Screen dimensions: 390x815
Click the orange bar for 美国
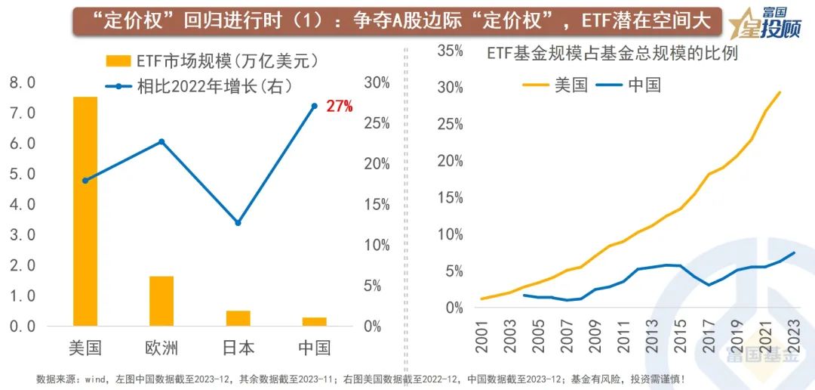point(85,212)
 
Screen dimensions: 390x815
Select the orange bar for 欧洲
point(161,301)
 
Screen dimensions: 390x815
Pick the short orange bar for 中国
point(314,321)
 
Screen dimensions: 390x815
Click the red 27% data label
point(339,107)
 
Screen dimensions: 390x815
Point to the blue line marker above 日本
point(238,223)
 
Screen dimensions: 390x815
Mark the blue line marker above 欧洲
point(161,141)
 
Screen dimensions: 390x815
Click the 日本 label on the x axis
point(238,348)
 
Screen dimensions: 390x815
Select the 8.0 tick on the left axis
point(23,82)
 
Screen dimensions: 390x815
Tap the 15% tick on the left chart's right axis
point(377,205)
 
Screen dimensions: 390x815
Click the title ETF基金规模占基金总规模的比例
point(612,54)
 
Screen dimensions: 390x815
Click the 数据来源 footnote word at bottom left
point(53,379)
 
